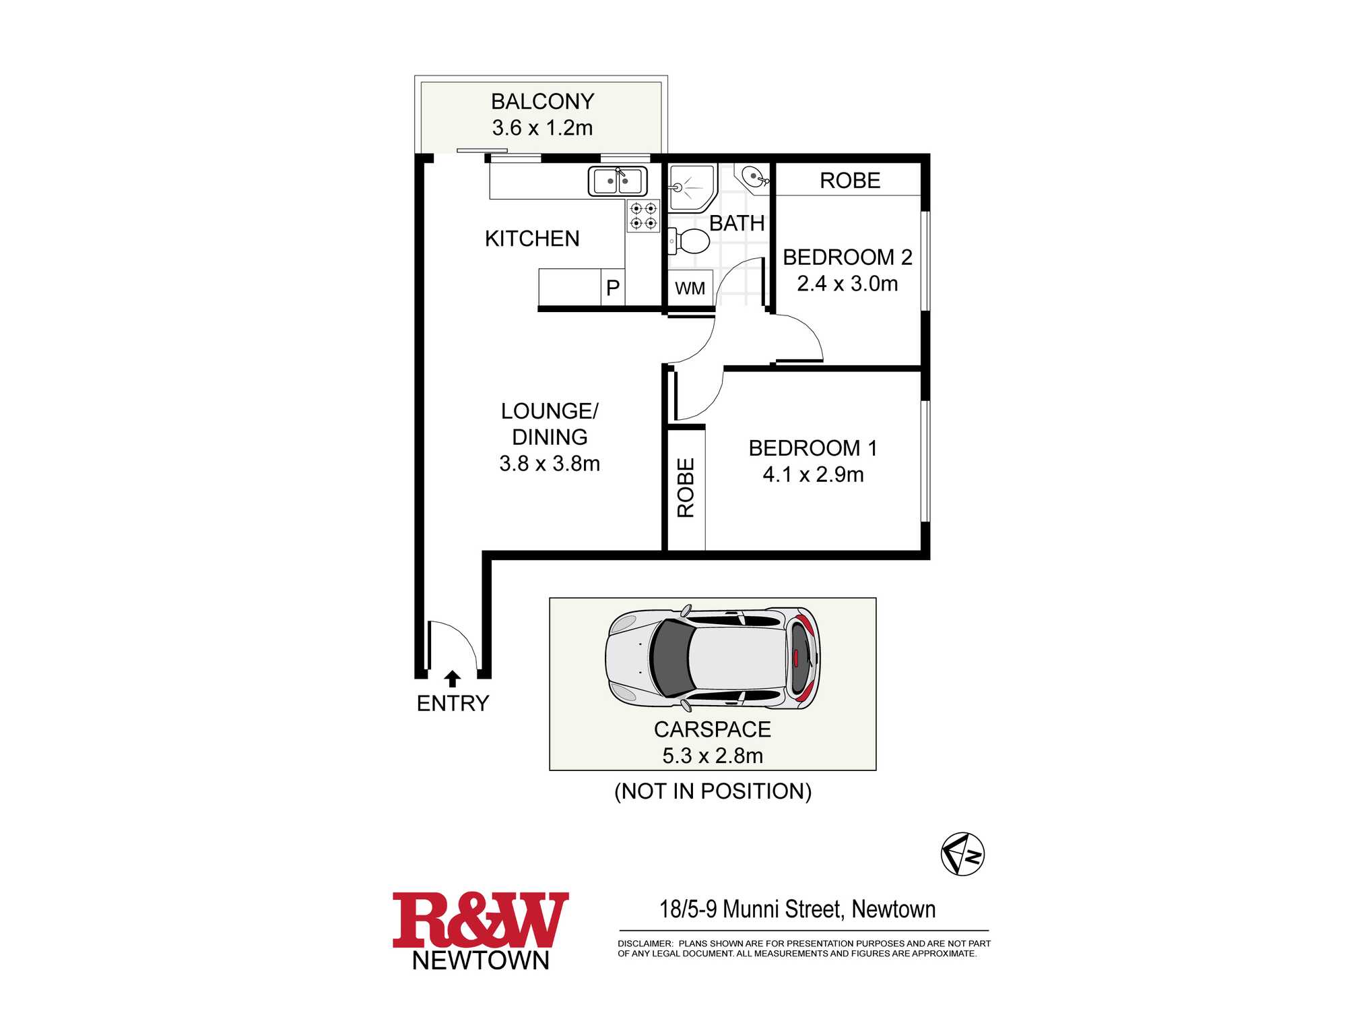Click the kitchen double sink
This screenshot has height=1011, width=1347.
tap(618, 181)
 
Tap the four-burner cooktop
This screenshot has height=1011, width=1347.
tap(643, 216)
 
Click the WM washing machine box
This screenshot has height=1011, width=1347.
tap(690, 288)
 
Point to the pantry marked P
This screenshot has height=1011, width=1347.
tap(613, 287)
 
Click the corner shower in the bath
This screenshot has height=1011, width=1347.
tap(692, 188)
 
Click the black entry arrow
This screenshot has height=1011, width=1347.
tap(453, 678)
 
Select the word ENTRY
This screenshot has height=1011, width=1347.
tap(453, 704)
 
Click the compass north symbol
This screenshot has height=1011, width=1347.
tap(962, 854)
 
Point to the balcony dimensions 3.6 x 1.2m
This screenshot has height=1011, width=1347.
tap(542, 127)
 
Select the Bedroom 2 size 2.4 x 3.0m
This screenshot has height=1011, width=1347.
tap(847, 284)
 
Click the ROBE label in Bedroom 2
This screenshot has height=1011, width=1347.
tap(850, 181)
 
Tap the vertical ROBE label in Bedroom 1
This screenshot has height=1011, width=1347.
tap(686, 488)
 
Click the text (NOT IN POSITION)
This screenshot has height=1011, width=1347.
tap(713, 791)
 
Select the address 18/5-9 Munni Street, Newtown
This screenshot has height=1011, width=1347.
tap(797, 909)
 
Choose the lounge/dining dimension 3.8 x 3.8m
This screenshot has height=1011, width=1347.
tap(550, 464)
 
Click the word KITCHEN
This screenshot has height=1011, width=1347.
tap(532, 239)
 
